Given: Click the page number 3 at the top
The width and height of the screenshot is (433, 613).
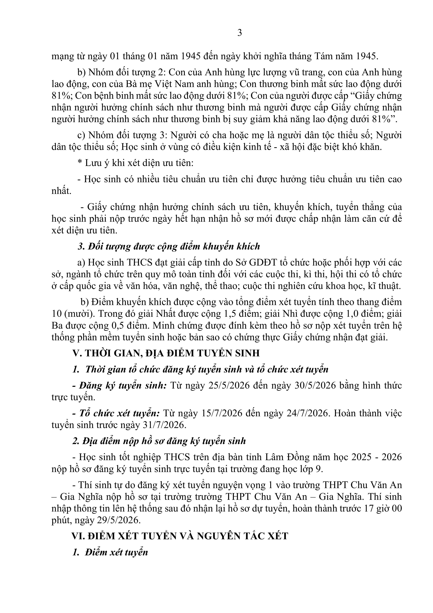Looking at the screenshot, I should coord(240,33).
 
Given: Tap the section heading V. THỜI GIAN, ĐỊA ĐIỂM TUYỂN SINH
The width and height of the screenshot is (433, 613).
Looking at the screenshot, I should coord(166,353).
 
